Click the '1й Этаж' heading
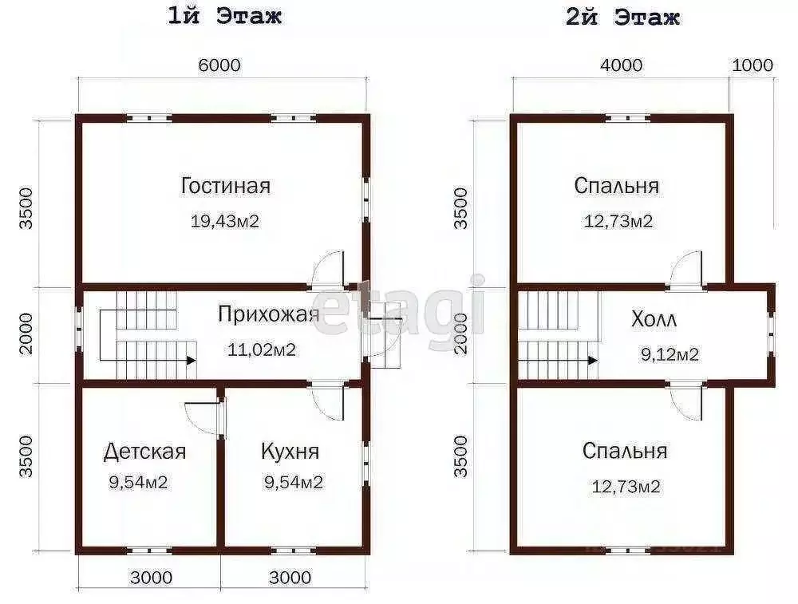(224, 17)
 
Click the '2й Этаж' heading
(622, 17)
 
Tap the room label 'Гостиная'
(225, 186)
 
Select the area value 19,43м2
(225, 221)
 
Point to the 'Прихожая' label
(269, 314)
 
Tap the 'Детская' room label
(144, 452)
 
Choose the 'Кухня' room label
(290, 452)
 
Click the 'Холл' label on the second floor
(654, 321)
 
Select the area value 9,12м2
(670, 354)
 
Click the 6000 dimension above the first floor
(219, 65)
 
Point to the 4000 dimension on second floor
(621, 65)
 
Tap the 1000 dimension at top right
(752, 65)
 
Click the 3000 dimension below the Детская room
(151, 577)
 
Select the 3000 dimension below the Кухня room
(290, 577)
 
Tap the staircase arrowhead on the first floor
(192, 360)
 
